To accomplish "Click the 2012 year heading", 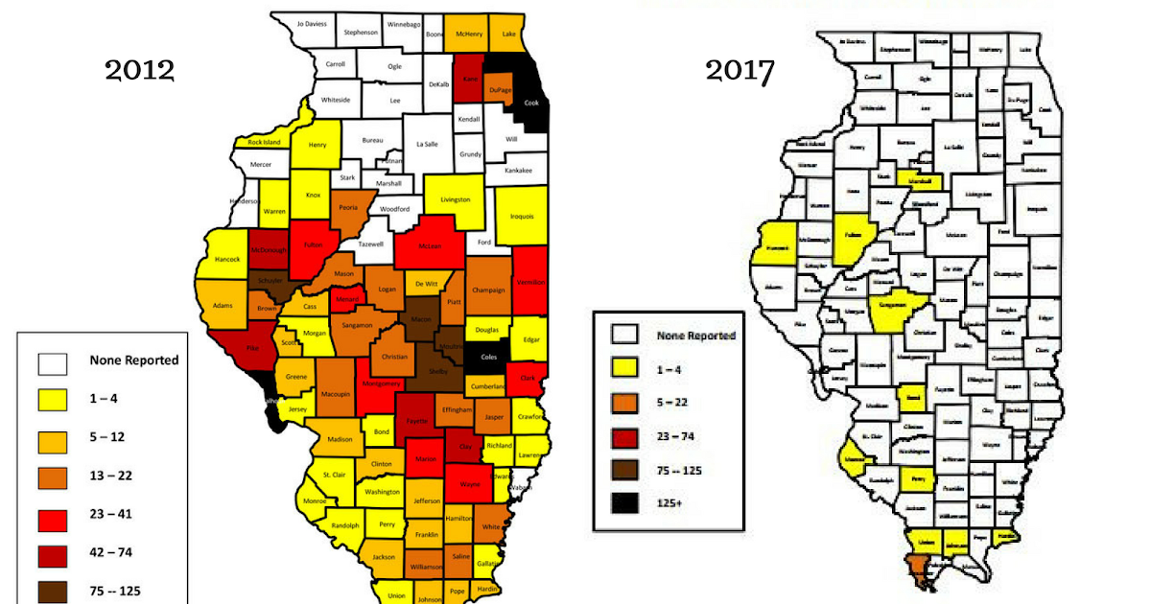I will click(139, 70).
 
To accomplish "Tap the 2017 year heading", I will click(740, 70).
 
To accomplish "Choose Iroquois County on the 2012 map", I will click(523, 216).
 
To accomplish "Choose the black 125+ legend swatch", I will click(626, 499).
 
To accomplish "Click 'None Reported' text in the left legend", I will click(133, 360).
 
